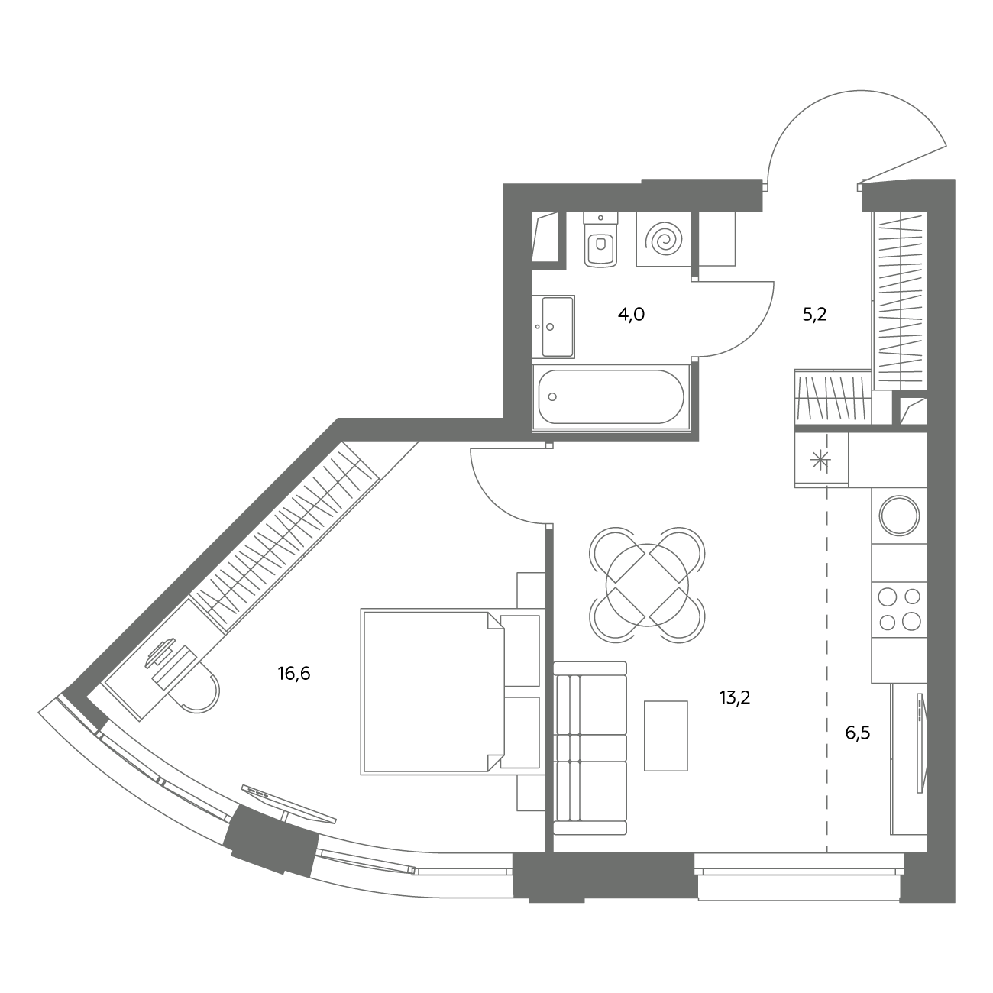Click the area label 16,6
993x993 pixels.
(x=294, y=674)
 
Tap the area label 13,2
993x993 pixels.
(x=735, y=697)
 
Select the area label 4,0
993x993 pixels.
(x=631, y=314)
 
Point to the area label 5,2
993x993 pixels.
(x=815, y=314)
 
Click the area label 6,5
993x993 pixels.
(x=858, y=733)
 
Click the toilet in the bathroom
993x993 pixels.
(x=601, y=240)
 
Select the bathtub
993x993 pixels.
(x=611, y=396)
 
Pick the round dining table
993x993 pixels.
(x=647, y=585)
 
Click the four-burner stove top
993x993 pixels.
(x=899, y=610)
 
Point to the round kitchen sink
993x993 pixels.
(x=899, y=516)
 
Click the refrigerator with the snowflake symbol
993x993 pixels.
(x=821, y=460)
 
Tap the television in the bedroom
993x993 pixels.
(x=289, y=804)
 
